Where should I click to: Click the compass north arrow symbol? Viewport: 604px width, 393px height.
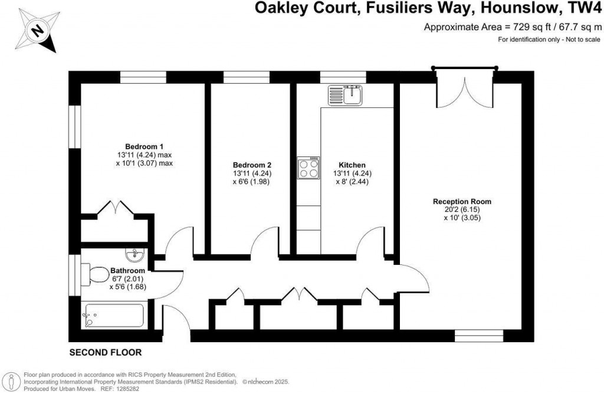pyautogui.click(x=37, y=29)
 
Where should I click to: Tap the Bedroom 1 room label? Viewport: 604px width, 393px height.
pyautogui.click(x=144, y=146)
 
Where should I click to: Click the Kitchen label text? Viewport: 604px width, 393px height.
pyautogui.click(x=352, y=165)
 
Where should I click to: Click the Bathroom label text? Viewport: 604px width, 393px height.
pyautogui.click(x=127, y=271)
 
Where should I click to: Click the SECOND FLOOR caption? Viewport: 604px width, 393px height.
pyautogui.click(x=106, y=353)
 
